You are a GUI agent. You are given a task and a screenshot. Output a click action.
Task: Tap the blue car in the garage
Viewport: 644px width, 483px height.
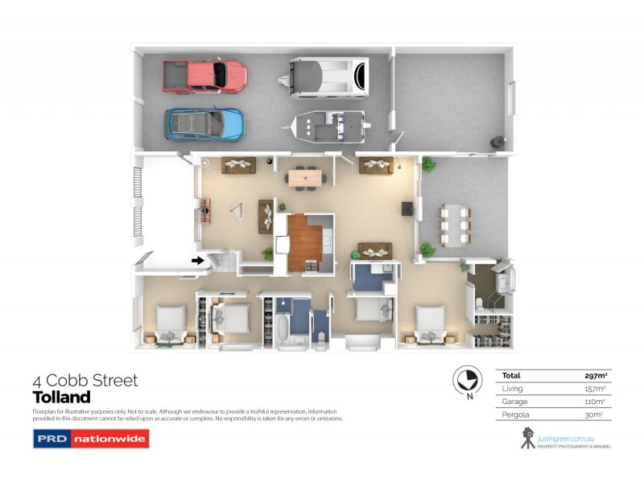(x=204, y=124)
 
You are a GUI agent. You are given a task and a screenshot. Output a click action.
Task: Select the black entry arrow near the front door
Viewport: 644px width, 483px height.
(x=198, y=260)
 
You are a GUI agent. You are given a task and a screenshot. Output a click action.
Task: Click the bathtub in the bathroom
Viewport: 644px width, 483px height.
(x=283, y=330)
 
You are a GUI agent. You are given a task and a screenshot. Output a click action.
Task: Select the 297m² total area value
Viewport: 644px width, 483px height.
(x=595, y=375)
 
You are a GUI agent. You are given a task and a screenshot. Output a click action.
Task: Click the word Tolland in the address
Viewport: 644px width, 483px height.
(x=61, y=398)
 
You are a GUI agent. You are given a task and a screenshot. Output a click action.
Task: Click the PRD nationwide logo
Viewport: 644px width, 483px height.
(x=91, y=439)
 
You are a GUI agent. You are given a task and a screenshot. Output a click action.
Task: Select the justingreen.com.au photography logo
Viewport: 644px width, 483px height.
(x=563, y=436)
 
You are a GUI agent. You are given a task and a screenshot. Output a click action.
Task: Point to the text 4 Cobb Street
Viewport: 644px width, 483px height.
(x=85, y=380)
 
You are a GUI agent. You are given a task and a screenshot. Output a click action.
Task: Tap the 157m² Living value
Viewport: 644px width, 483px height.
(x=594, y=388)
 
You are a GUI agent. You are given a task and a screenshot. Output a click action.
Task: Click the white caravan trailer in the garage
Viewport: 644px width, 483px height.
(x=328, y=76)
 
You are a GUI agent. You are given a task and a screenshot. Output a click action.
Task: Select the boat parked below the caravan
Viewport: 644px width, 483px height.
(x=328, y=127)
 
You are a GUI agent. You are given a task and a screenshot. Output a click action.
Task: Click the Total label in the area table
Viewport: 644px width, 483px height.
(x=512, y=375)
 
